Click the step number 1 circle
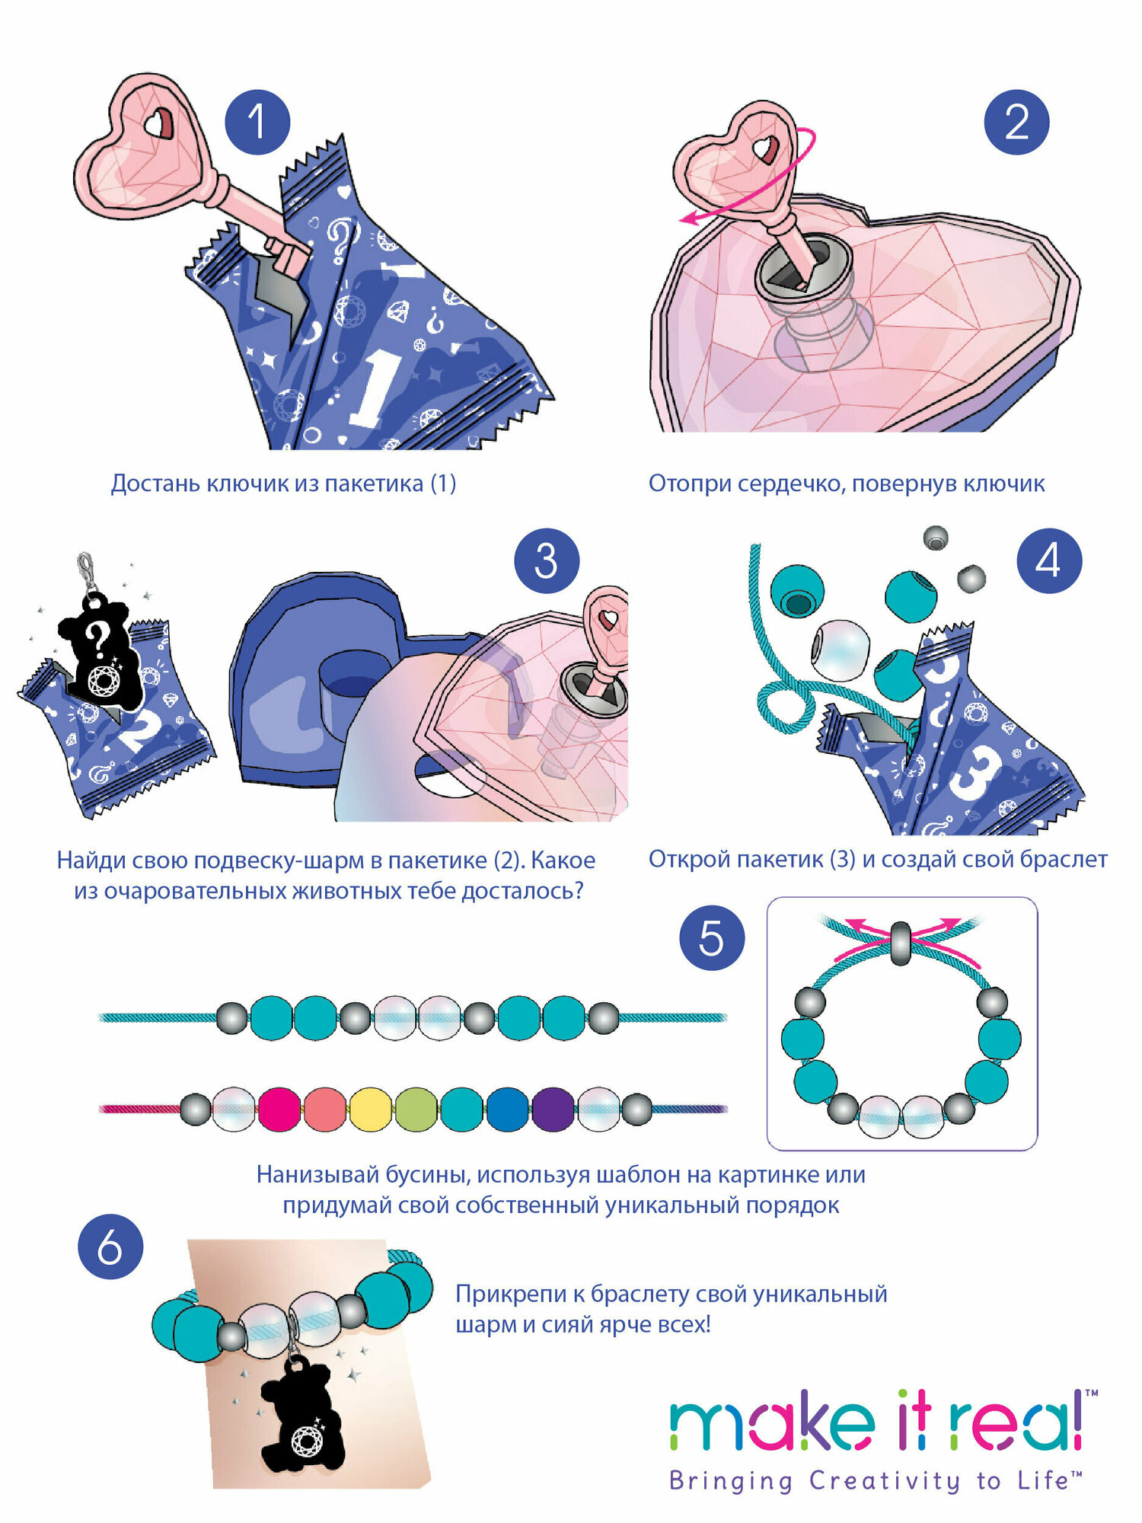pos(257,122)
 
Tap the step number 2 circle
pos(1016,122)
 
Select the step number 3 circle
pos(546,561)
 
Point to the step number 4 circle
pos(1049,561)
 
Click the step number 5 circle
pos(711,937)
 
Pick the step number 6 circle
pos(110,1247)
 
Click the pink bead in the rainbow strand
pos(279,1110)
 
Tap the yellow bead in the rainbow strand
pos(371,1110)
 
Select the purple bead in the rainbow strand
pos(553,1110)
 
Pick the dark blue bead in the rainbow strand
pos(508,1110)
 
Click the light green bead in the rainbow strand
pos(416,1110)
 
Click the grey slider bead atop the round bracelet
pos(901,943)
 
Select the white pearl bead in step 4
pos(840,650)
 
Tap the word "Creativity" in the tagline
pos(883,1482)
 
